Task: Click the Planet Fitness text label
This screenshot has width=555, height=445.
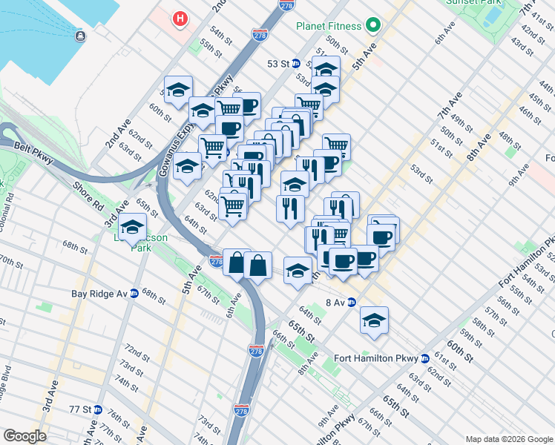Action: [x=329, y=27]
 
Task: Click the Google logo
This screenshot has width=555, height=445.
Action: [x=24, y=436]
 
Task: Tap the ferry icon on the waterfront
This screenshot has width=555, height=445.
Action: [x=79, y=35]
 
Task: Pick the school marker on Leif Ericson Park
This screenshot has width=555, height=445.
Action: [x=133, y=227]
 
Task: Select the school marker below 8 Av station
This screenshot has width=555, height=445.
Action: [x=374, y=320]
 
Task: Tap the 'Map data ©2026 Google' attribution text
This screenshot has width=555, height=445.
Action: [x=509, y=438]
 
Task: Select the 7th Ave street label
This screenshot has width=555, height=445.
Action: [x=449, y=106]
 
